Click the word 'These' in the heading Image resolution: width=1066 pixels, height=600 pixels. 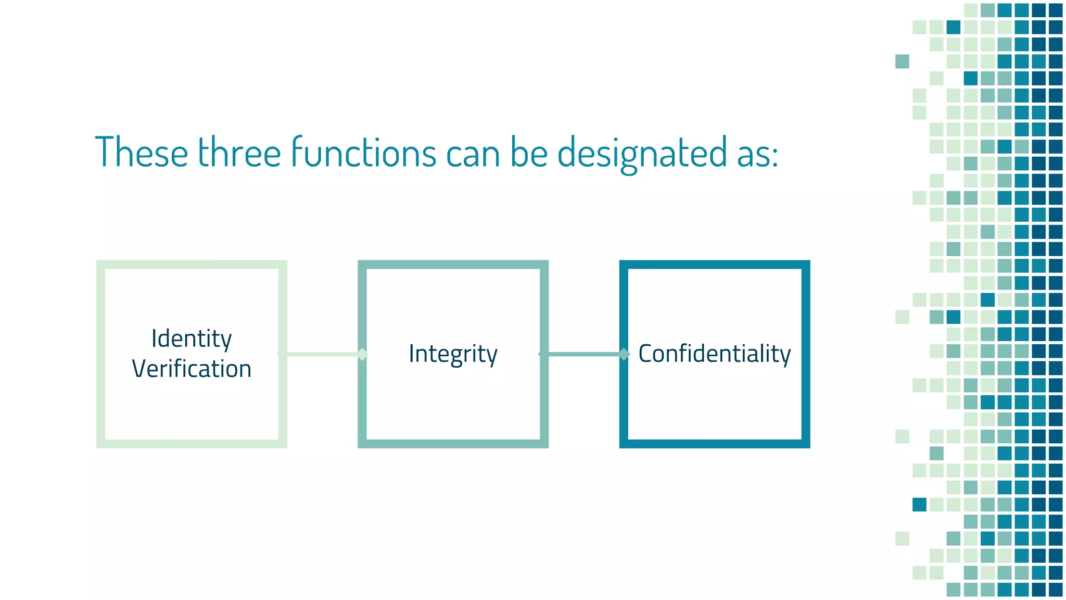(141, 152)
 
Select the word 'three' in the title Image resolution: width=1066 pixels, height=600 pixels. (239, 152)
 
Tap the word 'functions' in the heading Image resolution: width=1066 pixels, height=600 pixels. (363, 152)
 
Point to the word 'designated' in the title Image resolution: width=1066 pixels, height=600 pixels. (642, 153)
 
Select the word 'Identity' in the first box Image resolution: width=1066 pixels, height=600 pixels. (191, 339)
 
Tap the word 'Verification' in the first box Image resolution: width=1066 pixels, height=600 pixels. (192, 369)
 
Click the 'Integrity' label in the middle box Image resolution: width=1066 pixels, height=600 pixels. (453, 354)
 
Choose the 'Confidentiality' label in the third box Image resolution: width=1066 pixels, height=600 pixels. (714, 354)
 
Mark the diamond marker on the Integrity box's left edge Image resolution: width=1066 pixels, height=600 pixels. (363, 354)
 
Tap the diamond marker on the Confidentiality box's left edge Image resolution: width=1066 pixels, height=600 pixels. (624, 354)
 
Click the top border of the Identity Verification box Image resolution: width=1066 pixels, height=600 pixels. (192, 265)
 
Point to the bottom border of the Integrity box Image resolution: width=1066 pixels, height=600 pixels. (453, 443)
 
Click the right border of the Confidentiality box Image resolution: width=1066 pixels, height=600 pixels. (806, 354)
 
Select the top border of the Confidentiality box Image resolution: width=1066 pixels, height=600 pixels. (714, 265)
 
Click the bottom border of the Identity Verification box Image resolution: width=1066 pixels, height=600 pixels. (192, 443)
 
